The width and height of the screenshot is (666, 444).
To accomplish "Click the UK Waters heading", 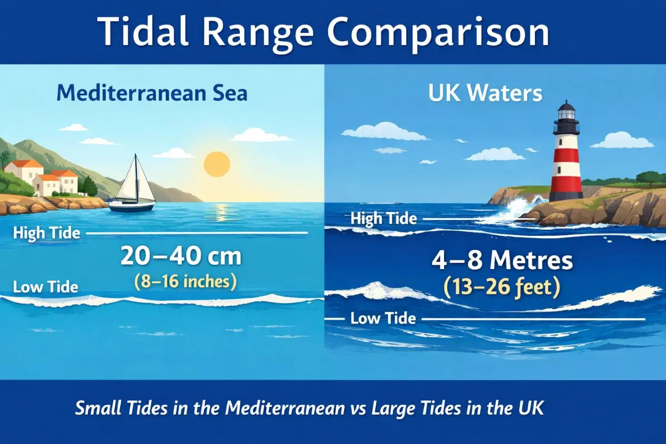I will coord(485,93).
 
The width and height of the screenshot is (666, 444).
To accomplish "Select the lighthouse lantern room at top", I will coord(566,112).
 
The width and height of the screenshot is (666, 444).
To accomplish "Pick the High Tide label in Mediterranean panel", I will coord(47,233).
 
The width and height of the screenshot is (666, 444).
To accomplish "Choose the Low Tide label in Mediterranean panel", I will coord(46,287).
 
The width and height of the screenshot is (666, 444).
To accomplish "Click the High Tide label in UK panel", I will coord(384,219).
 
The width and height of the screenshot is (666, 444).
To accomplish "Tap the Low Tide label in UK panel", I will coord(383,319).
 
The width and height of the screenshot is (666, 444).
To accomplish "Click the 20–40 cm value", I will coord(181,258).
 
